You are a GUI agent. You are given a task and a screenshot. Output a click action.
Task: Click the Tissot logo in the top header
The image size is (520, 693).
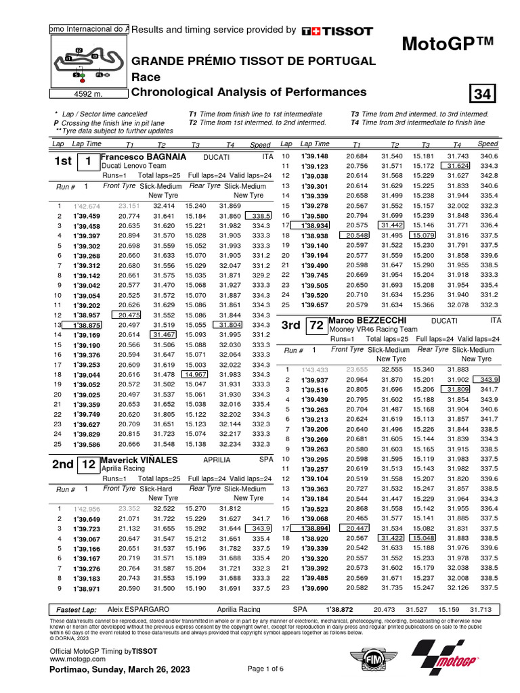[337, 30]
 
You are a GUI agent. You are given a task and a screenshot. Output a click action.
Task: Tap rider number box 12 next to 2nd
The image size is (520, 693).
[89, 465]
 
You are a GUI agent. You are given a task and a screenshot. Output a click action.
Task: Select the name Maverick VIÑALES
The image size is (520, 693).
[139, 460]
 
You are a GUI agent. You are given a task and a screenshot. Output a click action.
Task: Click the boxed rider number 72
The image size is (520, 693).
[316, 325]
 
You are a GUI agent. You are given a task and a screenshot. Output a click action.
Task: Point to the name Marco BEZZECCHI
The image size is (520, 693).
[367, 319]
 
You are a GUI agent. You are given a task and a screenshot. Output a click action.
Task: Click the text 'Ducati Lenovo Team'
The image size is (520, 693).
[133, 165]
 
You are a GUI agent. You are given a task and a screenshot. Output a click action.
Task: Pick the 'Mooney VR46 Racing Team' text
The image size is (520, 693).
[371, 328]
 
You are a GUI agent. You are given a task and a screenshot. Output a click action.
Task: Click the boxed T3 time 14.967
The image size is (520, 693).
[195, 374]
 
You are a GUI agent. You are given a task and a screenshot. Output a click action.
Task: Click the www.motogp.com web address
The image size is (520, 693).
[75, 658]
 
